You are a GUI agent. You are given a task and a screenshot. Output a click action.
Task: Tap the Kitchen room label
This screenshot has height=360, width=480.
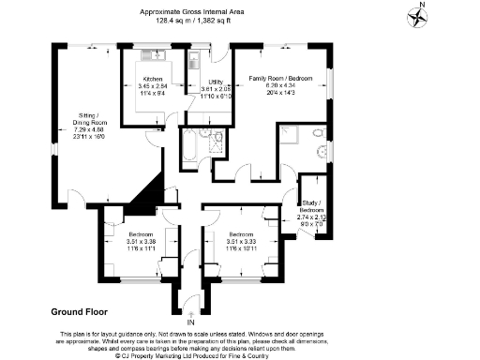pos(153,79)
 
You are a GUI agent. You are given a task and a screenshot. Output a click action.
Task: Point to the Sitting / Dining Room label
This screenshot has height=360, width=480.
pos(92,119)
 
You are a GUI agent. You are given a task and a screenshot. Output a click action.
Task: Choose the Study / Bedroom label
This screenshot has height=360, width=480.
pos(310,205)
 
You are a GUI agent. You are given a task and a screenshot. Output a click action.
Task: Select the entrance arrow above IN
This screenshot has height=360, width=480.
pos(190,312)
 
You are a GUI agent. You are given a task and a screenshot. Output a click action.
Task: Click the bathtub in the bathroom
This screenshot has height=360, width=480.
pos(187,145)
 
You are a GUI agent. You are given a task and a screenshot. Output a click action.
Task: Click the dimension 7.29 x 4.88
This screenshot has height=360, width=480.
pos(92,129)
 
